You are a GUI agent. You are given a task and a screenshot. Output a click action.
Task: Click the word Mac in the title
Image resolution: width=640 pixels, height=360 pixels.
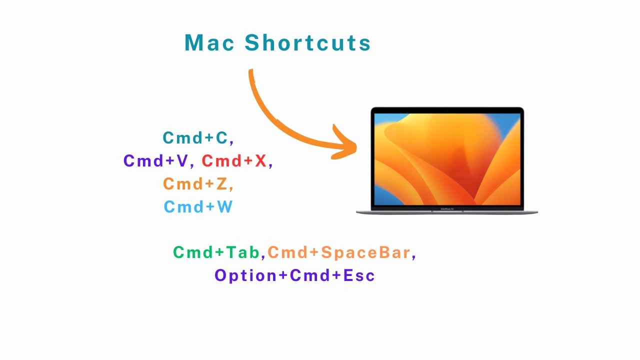pyautogui.click(x=209, y=43)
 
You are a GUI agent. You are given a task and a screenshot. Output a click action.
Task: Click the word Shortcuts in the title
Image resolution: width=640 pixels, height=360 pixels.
pyautogui.click(x=307, y=43)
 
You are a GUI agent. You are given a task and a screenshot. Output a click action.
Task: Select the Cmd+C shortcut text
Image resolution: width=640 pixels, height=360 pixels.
pyautogui.click(x=195, y=138)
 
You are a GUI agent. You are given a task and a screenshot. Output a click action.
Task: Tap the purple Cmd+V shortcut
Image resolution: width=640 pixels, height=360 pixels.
pyautogui.click(x=155, y=161)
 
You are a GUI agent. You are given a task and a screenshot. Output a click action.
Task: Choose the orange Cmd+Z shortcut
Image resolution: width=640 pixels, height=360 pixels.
pyautogui.click(x=195, y=184)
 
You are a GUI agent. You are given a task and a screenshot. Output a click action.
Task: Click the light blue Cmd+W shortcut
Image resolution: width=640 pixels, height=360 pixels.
pyautogui.click(x=198, y=207)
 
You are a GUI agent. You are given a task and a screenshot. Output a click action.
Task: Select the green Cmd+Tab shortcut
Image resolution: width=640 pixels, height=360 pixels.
pyautogui.click(x=217, y=253)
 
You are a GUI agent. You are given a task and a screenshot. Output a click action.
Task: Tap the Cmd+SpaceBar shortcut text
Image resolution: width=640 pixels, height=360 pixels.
pyautogui.click(x=339, y=253)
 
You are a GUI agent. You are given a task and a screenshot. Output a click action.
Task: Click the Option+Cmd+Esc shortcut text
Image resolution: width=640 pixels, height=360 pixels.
pyautogui.click(x=294, y=275)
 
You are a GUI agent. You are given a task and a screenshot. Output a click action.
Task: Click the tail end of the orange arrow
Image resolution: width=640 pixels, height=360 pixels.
pyautogui.click(x=251, y=73)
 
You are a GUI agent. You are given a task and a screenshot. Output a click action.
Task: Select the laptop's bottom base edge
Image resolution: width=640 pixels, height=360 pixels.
pyautogui.click(x=447, y=212)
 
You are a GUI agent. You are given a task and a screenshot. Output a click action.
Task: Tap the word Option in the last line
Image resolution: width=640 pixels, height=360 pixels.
pyautogui.click(x=242, y=275)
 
